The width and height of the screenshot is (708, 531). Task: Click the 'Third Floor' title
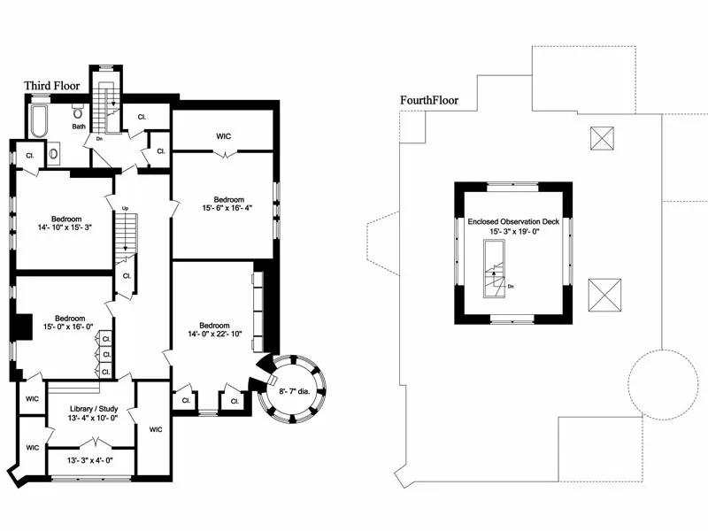pyautogui.click(x=51, y=86)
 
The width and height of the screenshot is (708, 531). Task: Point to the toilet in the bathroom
pyautogui.click(x=78, y=112)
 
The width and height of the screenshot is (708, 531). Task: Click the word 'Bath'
pyautogui.click(x=80, y=127)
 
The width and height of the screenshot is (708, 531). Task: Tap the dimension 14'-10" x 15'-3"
pyautogui.click(x=65, y=227)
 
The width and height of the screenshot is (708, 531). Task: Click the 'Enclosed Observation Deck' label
pyautogui.click(x=514, y=222)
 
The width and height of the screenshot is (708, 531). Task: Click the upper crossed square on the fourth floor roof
pyautogui.click(x=602, y=138)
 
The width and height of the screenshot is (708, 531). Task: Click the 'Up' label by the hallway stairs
pyautogui.click(x=126, y=209)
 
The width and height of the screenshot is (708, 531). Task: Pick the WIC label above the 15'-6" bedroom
pyautogui.click(x=224, y=136)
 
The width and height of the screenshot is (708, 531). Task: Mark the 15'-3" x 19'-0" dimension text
pyautogui.click(x=514, y=232)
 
